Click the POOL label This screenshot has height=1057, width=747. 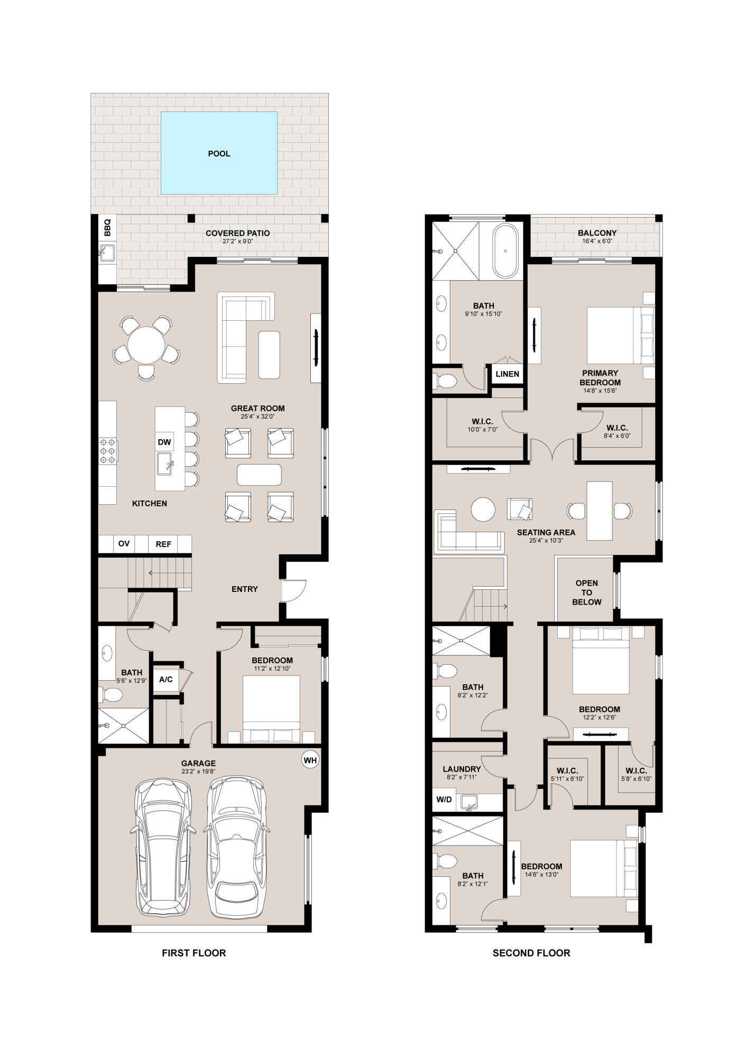[x=219, y=154]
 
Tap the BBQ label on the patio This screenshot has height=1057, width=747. [x=107, y=228]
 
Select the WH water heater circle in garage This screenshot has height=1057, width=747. [x=310, y=760]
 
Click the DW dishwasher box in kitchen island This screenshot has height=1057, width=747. [x=164, y=442]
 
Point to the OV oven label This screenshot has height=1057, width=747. [x=124, y=543]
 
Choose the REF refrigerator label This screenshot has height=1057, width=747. [x=163, y=544]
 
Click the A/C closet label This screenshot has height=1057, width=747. [x=166, y=679]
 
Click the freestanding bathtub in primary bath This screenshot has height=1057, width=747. [x=505, y=252]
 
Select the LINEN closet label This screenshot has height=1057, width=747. [x=508, y=374]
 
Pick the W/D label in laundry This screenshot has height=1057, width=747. [x=444, y=799]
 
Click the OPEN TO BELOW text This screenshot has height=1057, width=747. [x=587, y=592]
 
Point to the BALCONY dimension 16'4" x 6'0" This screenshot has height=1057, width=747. [x=597, y=242]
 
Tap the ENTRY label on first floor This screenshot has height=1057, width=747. [x=245, y=589]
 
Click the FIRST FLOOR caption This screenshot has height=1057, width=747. [x=193, y=953]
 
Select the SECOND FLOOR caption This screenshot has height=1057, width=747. [x=531, y=953]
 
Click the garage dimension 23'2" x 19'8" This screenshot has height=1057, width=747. [x=198, y=772]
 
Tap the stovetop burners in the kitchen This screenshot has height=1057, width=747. [x=108, y=451]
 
